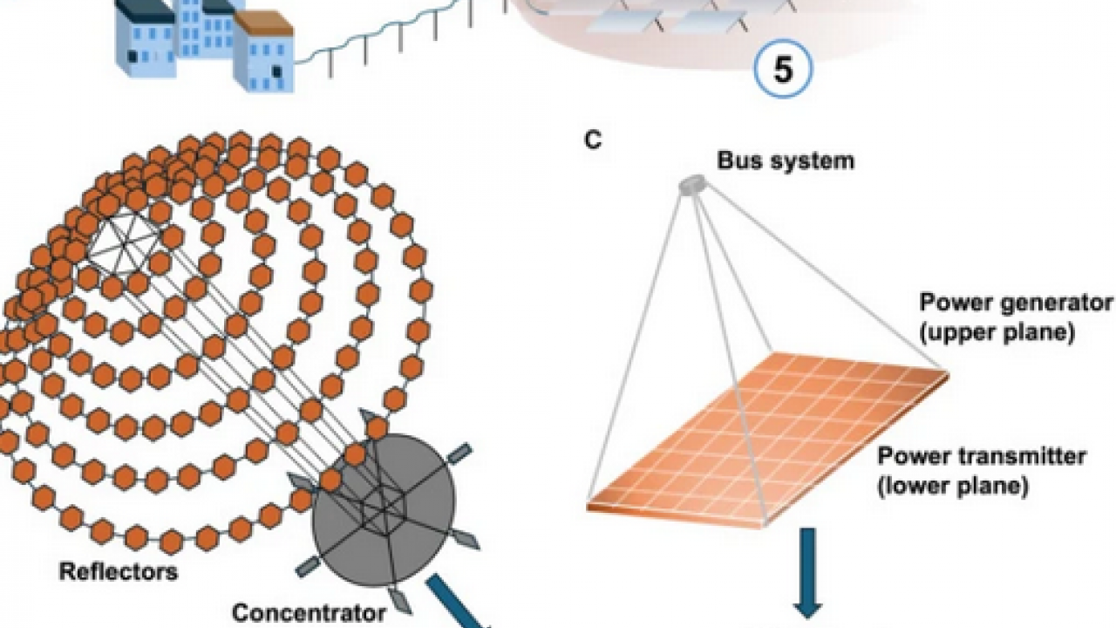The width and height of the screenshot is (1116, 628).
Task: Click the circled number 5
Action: coord(782,69)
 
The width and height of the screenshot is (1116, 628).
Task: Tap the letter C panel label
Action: coord(593,140)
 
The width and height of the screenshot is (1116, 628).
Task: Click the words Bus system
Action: coord(785,160)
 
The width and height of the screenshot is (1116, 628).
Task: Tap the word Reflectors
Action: coord(118,572)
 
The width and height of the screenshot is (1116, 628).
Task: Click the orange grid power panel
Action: coord(767,436)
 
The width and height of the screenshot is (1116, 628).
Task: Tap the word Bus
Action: coord(737,160)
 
